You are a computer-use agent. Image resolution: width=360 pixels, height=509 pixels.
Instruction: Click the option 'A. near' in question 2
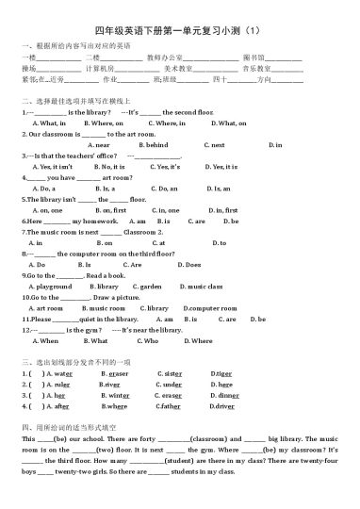pos(97,144)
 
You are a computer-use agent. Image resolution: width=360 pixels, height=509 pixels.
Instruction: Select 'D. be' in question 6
pos(232,222)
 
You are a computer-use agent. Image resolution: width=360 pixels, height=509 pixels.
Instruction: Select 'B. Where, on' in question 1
pos(103,123)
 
